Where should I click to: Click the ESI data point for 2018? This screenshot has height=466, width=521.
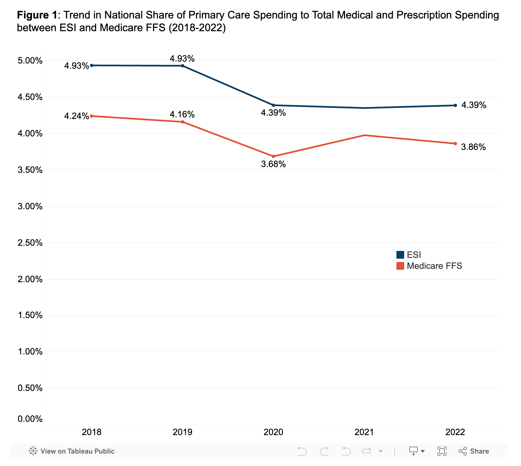(92, 65)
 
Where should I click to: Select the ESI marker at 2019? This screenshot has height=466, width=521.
(183, 66)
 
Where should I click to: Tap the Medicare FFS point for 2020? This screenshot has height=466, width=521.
(273, 157)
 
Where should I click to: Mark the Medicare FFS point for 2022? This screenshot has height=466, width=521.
(455, 144)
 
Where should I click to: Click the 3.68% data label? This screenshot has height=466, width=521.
(273, 164)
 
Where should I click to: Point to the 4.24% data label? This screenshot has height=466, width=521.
(77, 116)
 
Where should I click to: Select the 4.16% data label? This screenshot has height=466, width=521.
(182, 114)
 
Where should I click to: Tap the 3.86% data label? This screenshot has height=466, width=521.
(473, 147)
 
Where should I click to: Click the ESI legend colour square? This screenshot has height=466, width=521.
(400, 255)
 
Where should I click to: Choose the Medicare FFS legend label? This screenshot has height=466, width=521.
(434, 266)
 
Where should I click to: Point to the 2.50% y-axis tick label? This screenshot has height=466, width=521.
(30, 243)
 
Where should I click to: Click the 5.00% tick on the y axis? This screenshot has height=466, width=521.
(30, 61)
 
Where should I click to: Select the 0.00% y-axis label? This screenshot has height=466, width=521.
(30, 419)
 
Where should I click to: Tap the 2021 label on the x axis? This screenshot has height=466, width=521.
(364, 432)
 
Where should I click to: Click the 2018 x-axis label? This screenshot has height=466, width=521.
(92, 432)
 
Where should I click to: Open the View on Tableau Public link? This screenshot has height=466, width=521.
(72, 451)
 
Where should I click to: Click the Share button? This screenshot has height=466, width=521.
(474, 451)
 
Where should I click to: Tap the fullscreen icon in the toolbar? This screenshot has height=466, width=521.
(442, 451)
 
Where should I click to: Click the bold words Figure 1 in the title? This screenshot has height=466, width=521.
(37, 15)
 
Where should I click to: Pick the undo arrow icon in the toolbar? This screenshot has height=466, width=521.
(302, 451)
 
